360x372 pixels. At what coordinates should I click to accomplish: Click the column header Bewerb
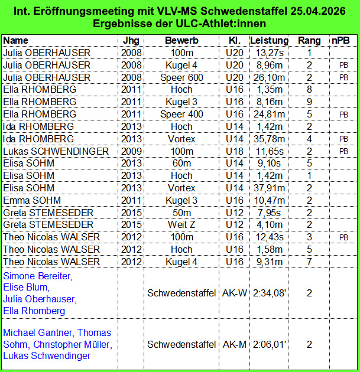tap(181, 40)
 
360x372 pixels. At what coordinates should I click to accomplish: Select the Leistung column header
tap(269, 40)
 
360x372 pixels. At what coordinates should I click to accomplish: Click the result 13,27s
tap(269, 53)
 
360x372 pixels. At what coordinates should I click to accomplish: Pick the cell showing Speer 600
tap(181, 77)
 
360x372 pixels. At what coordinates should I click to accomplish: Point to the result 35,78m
tap(269, 139)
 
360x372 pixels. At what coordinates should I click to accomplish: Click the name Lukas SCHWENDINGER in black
tap(56, 151)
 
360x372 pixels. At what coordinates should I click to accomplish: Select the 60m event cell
tap(181, 164)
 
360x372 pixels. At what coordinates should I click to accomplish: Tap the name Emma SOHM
tap(32, 200)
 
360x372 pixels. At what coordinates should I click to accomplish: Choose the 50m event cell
tap(181, 213)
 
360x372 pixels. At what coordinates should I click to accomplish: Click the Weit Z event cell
tap(181, 224)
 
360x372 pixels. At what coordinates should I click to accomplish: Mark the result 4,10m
tap(269, 224)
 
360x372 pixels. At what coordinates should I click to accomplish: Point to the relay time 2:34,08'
tap(269, 293)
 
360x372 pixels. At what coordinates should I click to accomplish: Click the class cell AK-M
tap(235, 344)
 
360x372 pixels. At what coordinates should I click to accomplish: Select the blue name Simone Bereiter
tap(38, 276)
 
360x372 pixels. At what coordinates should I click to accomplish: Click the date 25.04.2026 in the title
tap(322, 11)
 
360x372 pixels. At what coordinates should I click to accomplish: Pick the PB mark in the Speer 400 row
tap(343, 115)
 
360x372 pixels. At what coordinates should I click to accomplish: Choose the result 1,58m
tap(269, 249)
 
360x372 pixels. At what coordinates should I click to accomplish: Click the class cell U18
tap(235, 151)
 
